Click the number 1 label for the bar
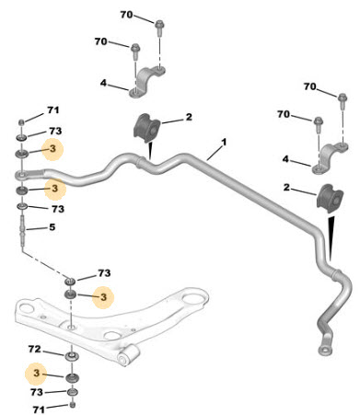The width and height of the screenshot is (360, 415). click(224, 143)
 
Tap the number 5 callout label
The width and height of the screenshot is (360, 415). click(52, 227)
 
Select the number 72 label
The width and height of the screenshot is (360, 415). click(34, 349)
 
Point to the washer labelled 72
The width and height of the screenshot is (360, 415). click(71, 356)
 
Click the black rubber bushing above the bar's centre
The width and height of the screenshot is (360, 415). click(147, 129)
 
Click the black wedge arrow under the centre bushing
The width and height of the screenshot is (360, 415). click(150, 151)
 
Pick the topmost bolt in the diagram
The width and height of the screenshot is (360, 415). click(159, 27)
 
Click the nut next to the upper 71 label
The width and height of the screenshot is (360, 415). click(21, 122)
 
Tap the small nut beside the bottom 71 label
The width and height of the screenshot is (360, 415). click(73, 405)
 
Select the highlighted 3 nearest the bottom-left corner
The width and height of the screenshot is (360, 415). click(37, 373)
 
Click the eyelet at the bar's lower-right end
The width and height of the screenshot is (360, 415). click(324, 350)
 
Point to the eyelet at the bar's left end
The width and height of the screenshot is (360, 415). click(21, 175)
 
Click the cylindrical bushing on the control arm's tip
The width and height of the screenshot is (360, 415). click(128, 355)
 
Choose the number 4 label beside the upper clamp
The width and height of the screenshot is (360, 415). click(103, 83)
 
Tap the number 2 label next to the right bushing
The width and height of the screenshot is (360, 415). click(286, 187)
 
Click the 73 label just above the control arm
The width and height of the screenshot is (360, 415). click(104, 272)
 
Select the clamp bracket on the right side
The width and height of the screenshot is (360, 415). click(329, 158)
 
